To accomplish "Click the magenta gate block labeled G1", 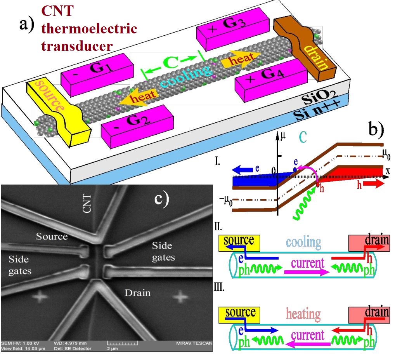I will coord(90,74).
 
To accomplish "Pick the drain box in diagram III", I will coord(369,315).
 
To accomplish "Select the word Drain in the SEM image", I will coord(137,292).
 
